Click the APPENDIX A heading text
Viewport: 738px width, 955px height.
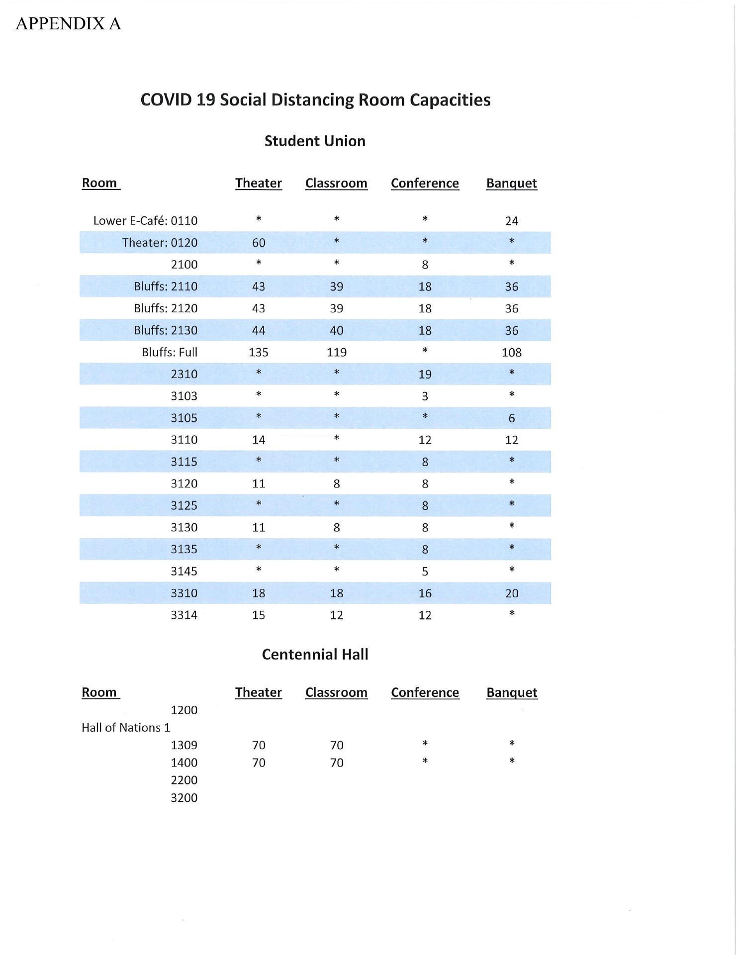point(68,23)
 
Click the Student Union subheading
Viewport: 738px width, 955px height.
point(315,141)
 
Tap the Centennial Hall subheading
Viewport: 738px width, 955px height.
point(315,654)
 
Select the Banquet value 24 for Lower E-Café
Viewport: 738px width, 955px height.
point(511,221)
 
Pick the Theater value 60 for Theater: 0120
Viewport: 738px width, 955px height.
point(259,243)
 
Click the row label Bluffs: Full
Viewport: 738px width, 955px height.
point(169,352)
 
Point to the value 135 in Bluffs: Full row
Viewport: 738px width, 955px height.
point(259,352)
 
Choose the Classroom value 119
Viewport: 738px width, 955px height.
point(337,352)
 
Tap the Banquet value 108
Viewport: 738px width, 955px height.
point(511,352)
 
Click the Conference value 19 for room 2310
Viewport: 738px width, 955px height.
point(425,374)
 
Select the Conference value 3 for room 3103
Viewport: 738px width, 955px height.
point(425,396)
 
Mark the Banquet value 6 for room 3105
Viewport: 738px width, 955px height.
point(511,418)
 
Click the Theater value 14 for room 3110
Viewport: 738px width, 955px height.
point(259,440)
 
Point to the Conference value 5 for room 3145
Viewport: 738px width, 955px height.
point(425,571)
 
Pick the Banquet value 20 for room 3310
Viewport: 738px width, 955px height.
point(511,593)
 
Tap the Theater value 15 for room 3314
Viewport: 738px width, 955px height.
point(259,615)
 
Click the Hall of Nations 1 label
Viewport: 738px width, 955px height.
point(126,727)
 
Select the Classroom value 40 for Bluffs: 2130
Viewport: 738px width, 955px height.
point(337,330)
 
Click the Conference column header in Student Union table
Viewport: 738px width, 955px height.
point(425,183)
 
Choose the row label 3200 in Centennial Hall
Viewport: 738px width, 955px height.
point(184,797)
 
